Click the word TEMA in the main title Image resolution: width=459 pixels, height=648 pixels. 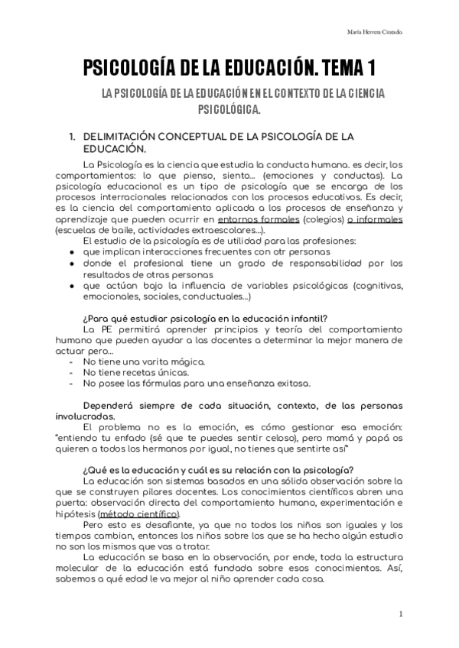(331, 68)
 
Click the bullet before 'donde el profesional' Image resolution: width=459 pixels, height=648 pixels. (71, 264)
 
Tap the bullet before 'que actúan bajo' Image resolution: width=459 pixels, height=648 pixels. (71, 287)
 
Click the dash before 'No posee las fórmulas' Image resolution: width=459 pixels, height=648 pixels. (71, 384)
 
